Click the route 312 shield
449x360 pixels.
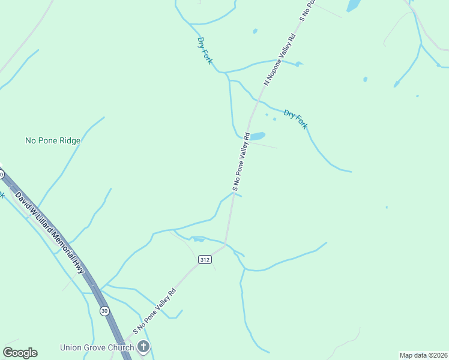click(205, 259)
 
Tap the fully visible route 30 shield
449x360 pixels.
click(104, 310)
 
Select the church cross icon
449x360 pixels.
click(143, 346)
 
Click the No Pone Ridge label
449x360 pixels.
click(53, 140)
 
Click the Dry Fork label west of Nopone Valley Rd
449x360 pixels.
click(205, 50)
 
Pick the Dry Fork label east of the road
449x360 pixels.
click(295, 119)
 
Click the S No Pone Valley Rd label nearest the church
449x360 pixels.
click(154, 311)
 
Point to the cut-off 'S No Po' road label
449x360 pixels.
click(307, 10)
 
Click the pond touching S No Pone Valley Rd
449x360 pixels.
click(257, 136)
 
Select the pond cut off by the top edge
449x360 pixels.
click(354, 5)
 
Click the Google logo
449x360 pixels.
click(20, 352)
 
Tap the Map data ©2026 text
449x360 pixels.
click(423, 355)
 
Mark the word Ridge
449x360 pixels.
click(69, 140)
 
